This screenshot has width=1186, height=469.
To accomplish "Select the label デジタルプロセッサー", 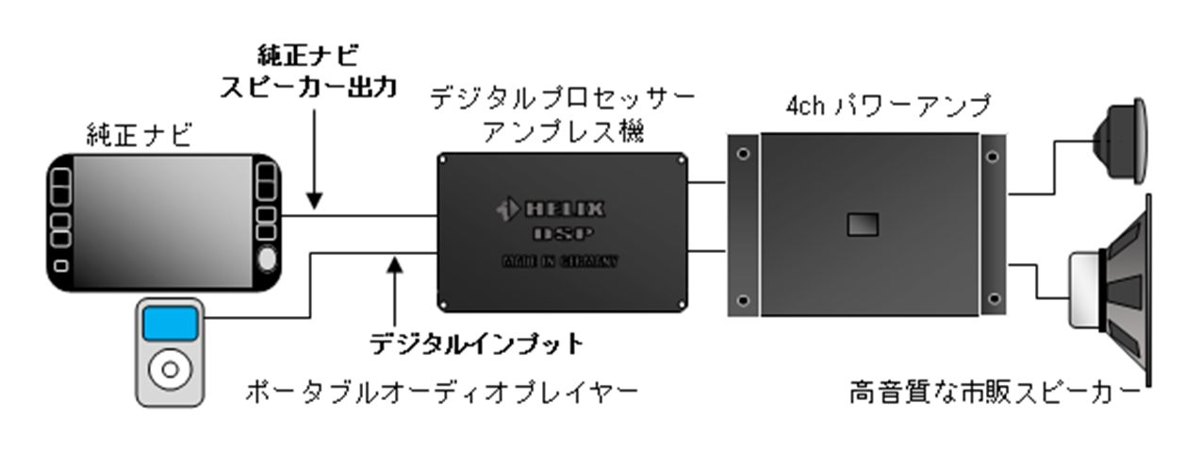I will pos(562,97).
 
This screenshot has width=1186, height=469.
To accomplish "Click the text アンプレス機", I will pos(562,131).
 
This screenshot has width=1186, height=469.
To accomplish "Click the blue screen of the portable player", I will pos(170,324).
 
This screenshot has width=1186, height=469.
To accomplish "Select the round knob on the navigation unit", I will pos(268,259).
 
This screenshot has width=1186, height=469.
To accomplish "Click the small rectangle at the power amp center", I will pos(863,224).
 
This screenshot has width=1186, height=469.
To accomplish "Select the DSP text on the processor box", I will pos(563,233).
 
